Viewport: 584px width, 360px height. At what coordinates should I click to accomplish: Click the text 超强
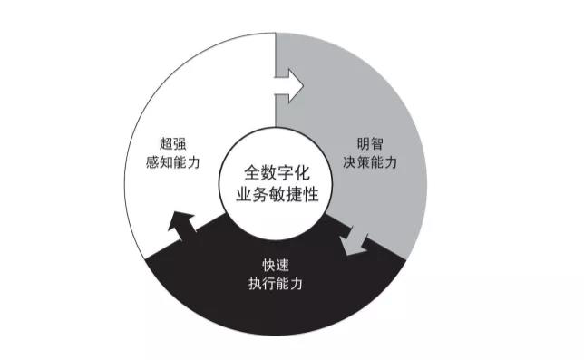point(173,143)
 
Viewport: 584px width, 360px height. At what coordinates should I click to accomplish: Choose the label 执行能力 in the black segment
point(275,283)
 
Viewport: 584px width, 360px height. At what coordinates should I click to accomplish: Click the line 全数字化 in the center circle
point(275,170)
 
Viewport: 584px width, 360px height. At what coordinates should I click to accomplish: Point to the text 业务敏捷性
point(275,192)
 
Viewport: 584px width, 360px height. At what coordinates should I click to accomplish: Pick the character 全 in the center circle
point(250,170)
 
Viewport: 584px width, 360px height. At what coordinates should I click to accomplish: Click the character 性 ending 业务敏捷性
point(307,192)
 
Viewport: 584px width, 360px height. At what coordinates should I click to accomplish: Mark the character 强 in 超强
point(181,143)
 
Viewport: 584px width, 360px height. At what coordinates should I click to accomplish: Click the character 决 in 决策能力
point(348,162)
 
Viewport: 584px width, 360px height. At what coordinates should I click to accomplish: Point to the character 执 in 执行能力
point(251,283)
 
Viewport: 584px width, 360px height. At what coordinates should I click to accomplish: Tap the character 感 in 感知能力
point(156,162)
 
